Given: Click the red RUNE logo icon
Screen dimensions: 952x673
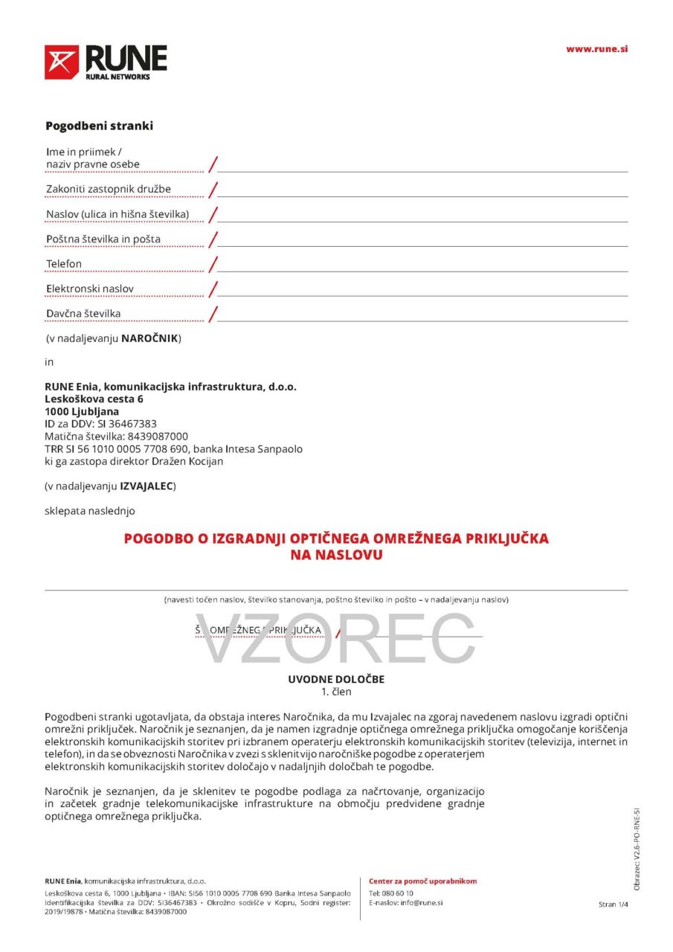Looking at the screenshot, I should (x=62, y=62).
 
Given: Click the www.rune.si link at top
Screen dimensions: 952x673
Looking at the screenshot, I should (x=596, y=49).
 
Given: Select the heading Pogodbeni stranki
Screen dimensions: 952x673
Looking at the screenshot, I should (x=99, y=126).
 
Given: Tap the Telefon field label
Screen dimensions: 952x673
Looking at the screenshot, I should (x=64, y=264).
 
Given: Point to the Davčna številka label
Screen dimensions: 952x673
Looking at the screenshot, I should (x=83, y=314).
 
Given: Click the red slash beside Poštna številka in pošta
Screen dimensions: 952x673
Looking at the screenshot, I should (x=213, y=239).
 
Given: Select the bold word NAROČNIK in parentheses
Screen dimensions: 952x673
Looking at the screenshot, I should (x=149, y=338).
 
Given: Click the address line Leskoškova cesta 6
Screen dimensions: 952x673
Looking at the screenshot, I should (x=94, y=399).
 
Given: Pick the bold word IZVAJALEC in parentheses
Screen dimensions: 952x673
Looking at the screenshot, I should (x=146, y=486).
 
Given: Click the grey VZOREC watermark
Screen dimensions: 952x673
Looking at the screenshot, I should (x=335, y=638).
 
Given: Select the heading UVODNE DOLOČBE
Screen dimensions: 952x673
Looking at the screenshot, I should (x=336, y=679).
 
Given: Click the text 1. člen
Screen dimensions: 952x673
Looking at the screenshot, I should (x=336, y=692).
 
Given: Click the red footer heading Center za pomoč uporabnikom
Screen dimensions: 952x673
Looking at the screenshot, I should (x=422, y=881).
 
